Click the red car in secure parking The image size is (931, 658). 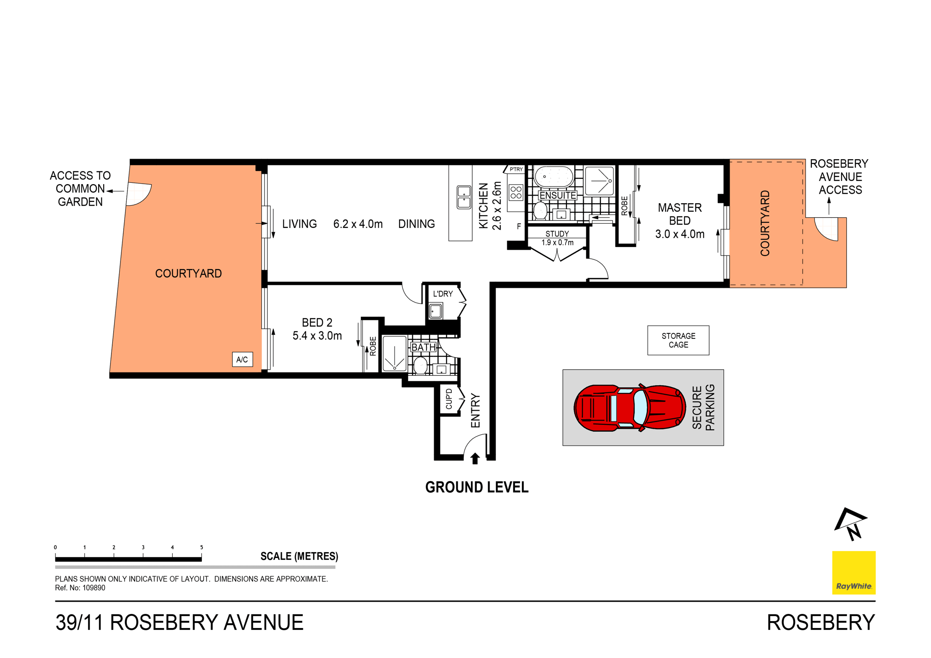click(x=630, y=408)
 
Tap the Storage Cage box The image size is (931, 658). click(x=678, y=340)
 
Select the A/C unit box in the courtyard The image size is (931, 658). click(x=242, y=359)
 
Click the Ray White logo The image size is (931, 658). click(x=853, y=573)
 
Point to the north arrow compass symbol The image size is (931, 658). click(x=851, y=524)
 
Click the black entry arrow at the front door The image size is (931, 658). click(x=475, y=458)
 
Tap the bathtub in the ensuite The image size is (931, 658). click(x=554, y=177)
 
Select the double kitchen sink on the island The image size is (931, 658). click(x=464, y=197)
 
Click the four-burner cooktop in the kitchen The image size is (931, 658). click(x=516, y=193)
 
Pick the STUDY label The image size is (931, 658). click(x=557, y=234)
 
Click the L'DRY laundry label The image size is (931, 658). click(x=442, y=294)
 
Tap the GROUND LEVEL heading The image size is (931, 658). click(x=476, y=487)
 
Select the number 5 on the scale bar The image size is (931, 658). click(x=201, y=547)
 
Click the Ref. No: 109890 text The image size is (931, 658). click(x=80, y=588)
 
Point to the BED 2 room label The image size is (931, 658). click(x=317, y=323)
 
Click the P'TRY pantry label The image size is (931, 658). click(x=516, y=170)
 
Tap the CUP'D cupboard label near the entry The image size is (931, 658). click(x=449, y=399)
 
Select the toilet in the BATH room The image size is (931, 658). click(x=420, y=365)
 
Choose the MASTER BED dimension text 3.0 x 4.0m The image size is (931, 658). click(x=680, y=234)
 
